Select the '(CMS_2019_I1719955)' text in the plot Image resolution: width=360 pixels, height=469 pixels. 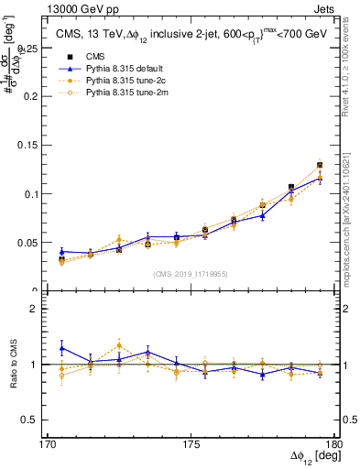[191, 273]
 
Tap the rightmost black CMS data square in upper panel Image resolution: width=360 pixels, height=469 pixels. [320, 166]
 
